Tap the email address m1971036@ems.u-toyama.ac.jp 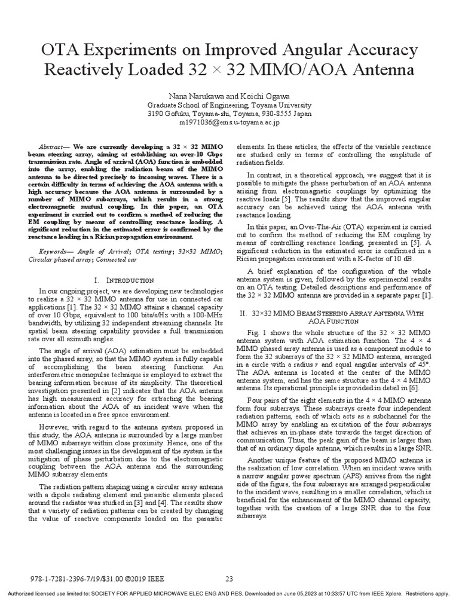229,121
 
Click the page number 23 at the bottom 229,579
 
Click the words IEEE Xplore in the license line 385,594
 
